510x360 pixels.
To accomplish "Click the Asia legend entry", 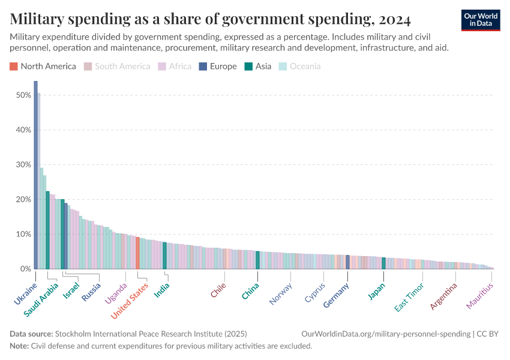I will pyautogui.click(x=258, y=67).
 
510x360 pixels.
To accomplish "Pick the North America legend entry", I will pyautogui.click(x=43, y=67).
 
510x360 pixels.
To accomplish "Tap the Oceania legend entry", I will pyautogui.click(x=300, y=67).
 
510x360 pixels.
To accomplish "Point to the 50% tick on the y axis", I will pyautogui.click(x=24, y=95).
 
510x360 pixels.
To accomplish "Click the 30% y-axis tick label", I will pyautogui.click(x=24, y=165).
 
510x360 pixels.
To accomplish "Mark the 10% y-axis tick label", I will pyautogui.click(x=24, y=235).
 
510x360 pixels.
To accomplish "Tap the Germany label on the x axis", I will pyautogui.click(x=337, y=295).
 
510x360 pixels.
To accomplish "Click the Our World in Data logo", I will pyautogui.click(x=481, y=20).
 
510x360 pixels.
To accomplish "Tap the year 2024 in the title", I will pyautogui.click(x=395, y=19).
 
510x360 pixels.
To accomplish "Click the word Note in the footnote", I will pyautogui.click(x=20, y=346).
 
